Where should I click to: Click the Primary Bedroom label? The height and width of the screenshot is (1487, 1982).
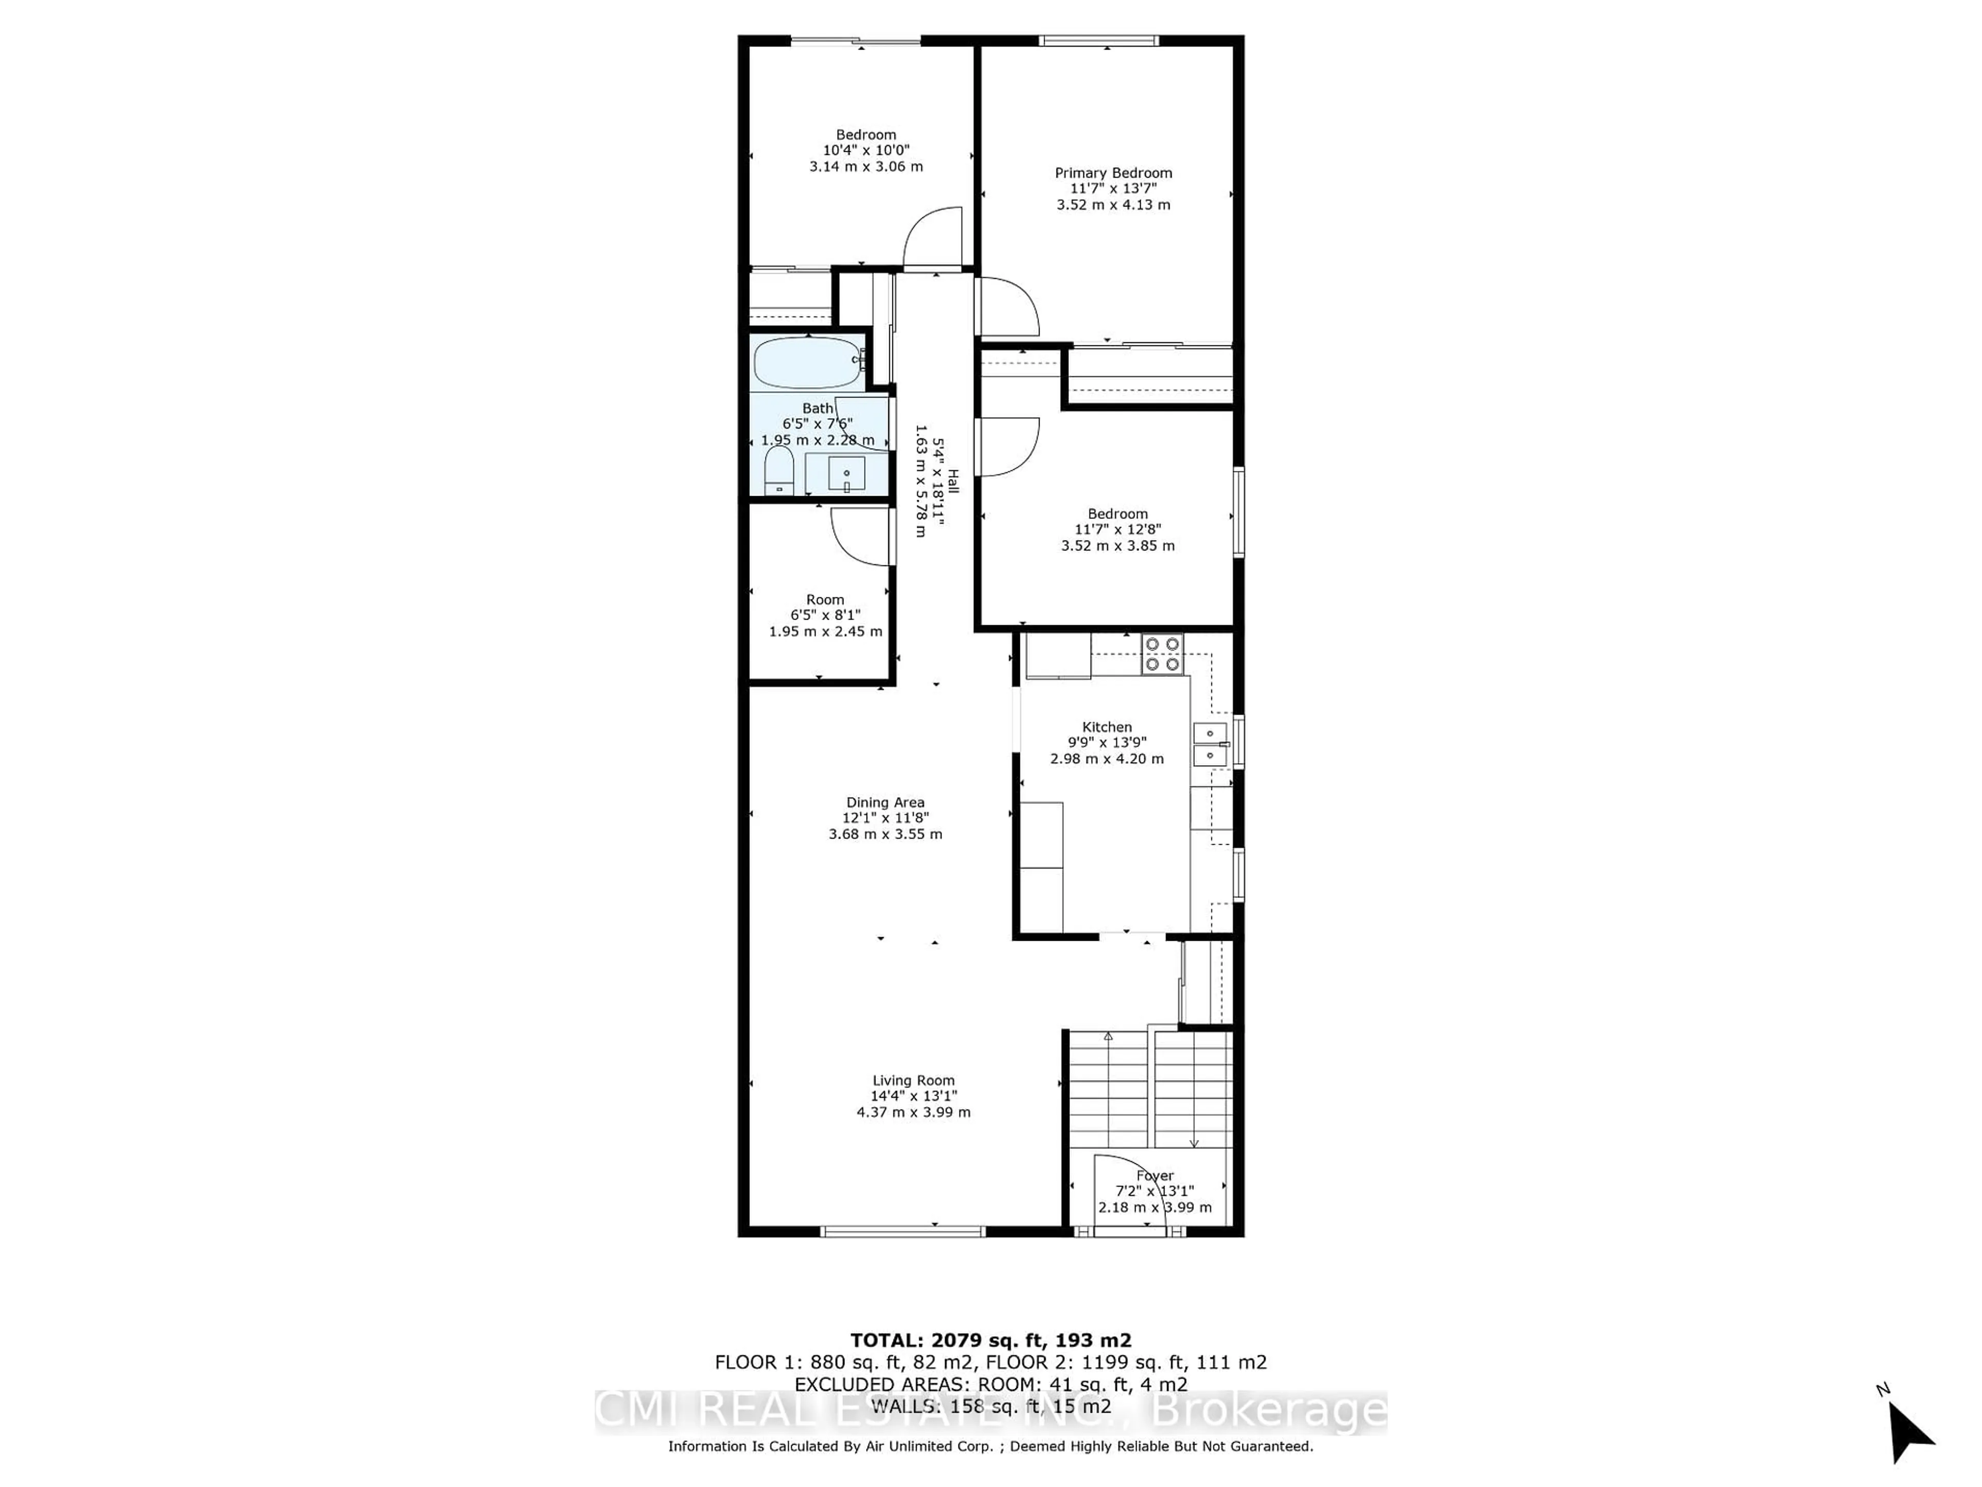tap(1113, 173)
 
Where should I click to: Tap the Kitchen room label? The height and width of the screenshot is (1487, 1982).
tap(1107, 727)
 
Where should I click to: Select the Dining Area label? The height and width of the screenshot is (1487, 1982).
tap(885, 802)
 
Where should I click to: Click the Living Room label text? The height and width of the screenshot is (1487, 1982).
tap(913, 1080)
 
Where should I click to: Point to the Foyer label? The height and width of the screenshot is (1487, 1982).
tap(1154, 1175)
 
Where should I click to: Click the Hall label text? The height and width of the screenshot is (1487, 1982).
tap(952, 482)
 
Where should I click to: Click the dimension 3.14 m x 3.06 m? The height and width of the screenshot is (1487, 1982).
tap(866, 167)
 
